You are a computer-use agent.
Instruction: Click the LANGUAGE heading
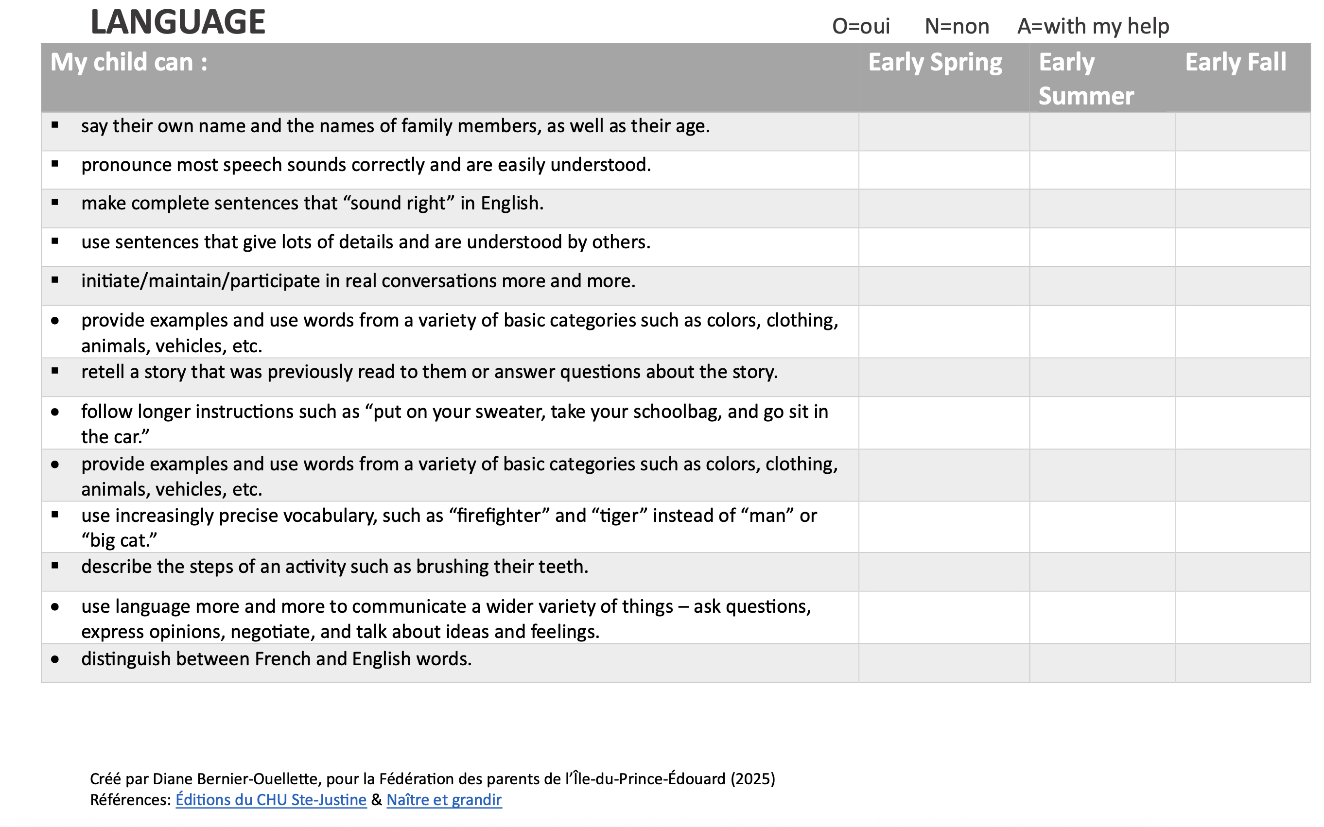pos(178,22)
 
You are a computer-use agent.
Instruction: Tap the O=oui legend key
pos(861,26)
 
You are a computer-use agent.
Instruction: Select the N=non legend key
pos(957,26)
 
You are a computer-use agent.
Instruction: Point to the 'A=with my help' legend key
pos(1093,26)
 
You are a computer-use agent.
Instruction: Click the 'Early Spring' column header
pos(935,62)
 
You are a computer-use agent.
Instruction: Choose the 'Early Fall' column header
pos(1236,62)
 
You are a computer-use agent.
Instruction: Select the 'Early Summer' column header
pos(1085,79)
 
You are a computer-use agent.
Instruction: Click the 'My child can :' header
pos(129,62)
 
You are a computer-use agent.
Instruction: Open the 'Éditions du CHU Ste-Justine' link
pos(271,800)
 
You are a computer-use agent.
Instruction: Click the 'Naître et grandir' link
pos(444,800)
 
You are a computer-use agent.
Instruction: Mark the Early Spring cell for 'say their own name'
pos(944,132)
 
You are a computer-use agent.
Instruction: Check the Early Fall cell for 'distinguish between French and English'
pos(1242,663)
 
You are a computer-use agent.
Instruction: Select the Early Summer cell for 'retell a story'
pos(1102,378)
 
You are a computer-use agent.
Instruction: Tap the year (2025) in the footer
pos(753,779)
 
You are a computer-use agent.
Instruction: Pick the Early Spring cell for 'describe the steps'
pos(944,571)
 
